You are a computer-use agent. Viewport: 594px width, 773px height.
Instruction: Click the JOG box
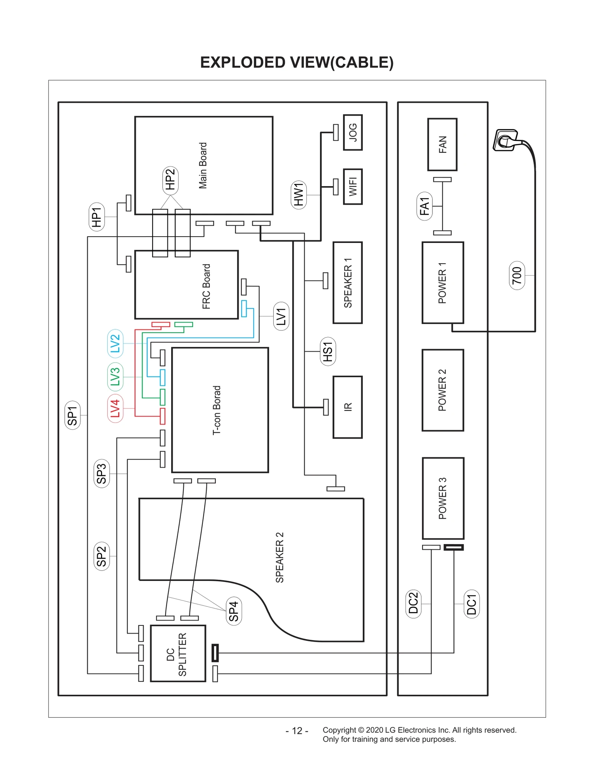(352, 132)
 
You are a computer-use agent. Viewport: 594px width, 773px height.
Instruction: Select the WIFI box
(352, 187)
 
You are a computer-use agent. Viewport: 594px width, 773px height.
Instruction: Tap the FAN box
(442, 145)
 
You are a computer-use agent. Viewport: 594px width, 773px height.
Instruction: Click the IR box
(347, 407)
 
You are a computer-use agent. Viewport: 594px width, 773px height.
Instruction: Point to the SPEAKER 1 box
(347, 283)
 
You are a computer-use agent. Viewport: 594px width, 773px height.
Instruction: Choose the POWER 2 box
(443, 390)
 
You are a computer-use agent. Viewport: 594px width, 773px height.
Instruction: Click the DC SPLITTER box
(178, 654)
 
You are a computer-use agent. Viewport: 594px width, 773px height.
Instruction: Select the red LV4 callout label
(115, 408)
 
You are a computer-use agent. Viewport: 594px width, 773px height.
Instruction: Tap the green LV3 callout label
(115, 376)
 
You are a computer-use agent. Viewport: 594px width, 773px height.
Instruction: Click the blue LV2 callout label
(115, 343)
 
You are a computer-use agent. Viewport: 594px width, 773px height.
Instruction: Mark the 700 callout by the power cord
(517, 276)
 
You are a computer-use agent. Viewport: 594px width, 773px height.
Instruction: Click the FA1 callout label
(424, 206)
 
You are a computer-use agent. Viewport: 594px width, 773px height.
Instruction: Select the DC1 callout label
(471, 604)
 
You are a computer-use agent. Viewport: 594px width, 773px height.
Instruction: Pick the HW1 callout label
(298, 195)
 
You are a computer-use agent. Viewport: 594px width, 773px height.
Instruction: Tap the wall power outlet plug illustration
(506, 140)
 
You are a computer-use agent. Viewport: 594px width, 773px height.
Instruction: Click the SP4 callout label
(234, 611)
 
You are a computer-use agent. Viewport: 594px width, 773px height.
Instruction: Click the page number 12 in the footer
(297, 731)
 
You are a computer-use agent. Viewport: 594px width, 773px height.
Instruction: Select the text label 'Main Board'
(203, 165)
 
